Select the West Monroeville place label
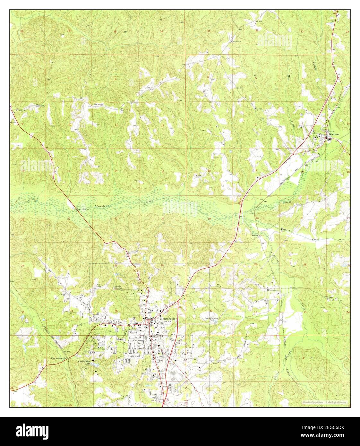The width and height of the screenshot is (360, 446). tap(58, 358)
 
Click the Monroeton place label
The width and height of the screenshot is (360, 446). tap(272, 290)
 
